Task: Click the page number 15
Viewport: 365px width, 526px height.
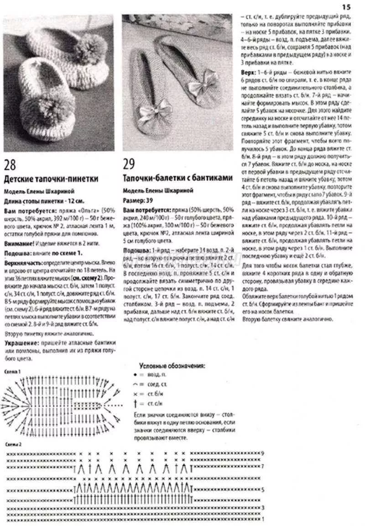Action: click(x=346, y=6)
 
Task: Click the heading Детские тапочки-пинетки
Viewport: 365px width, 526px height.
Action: click(x=51, y=178)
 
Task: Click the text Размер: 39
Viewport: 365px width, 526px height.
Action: click(x=137, y=200)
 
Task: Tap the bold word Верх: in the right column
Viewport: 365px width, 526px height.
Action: click(x=250, y=73)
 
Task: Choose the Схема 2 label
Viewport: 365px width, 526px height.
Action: click(x=13, y=444)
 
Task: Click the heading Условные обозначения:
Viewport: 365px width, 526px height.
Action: click(x=172, y=366)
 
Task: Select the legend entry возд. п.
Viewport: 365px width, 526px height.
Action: click(x=157, y=375)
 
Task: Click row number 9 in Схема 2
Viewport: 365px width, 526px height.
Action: click(x=263, y=453)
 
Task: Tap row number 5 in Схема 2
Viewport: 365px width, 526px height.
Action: click(x=263, y=489)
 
